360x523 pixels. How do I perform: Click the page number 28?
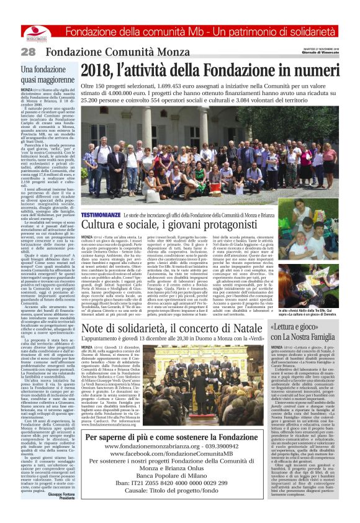point(28,52)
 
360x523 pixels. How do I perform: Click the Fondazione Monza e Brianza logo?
point(35,31)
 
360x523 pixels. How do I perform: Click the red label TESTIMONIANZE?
point(100,214)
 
